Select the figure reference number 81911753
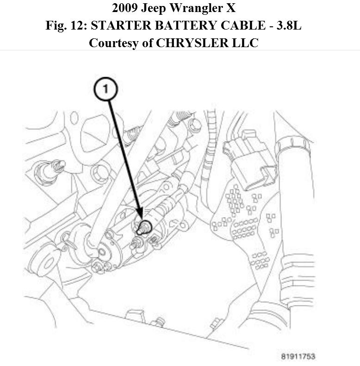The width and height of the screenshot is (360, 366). coord(298,357)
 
